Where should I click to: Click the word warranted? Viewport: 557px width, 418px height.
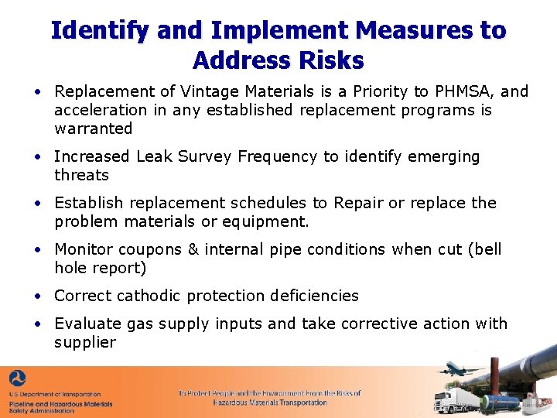[x=94, y=128]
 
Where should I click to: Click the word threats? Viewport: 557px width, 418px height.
[x=81, y=175]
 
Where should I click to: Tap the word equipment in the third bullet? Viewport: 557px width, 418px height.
[x=268, y=222]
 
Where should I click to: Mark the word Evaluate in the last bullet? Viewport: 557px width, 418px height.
[x=87, y=324]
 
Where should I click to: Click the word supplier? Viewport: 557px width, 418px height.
[x=85, y=342]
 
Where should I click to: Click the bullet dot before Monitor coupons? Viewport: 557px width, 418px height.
[x=37, y=249]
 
